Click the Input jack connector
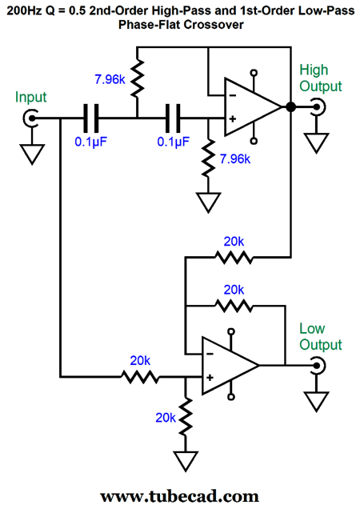pyautogui.click(x=31, y=118)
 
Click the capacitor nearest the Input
pyautogui.click(x=90, y=118)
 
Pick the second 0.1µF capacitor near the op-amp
pyautogui.click(x=173, y=118)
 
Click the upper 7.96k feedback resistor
pyautogui.click(x=138, y=78)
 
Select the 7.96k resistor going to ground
pyautogui.click(x=209, y=158)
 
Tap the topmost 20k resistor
pyautogui.click(x=234, y=258)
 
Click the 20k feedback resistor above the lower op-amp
pyautogui.click(x=234, y=306)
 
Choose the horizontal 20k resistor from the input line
pyautogui.click(x=140, y=377)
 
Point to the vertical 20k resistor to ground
pyautogui.click(x=186, y=417)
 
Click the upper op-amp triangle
pyautogui.click(x=253, y=106)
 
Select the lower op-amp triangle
pyautogui.click(x=230, y=366)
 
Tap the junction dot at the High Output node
pyautogui.click(x=291, y=106)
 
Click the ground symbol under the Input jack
pyautogui.click(x=32, y=154)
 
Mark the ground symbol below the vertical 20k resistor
pyautogui.click(x=186, y=461)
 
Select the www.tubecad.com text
pyautogui.click(x=179, y=497)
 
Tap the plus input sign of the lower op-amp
pyautogui.click(x=210, y=377)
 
